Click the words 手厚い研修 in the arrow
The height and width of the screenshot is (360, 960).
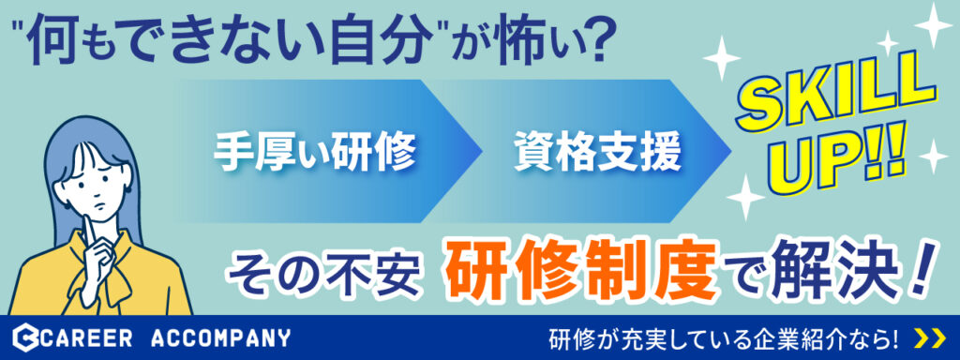[315, 152]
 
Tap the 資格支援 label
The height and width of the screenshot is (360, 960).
[597, 152]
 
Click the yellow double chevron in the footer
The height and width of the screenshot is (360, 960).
[928, 337]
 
